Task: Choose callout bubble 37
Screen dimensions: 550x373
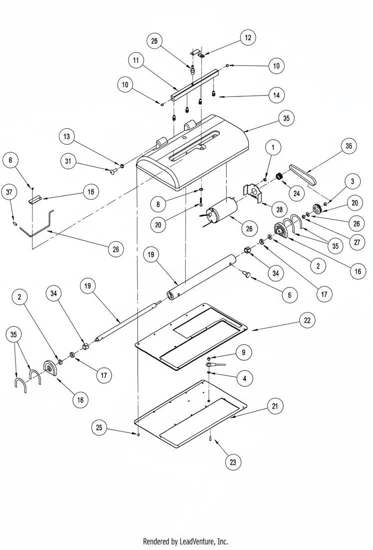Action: pos(8,191)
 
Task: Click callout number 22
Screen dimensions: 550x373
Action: pos(307,321)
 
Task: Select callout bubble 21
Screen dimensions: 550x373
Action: pos(274,407)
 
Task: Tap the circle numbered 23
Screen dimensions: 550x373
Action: pos(233,462)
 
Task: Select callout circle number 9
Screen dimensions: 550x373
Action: pos(243,353)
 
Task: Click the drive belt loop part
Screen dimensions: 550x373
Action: pos(303,176)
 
